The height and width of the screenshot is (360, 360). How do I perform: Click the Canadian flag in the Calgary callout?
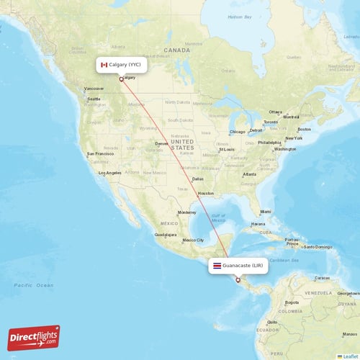tap(104, 65)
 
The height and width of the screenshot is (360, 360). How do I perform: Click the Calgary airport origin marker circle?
tap(121, 80)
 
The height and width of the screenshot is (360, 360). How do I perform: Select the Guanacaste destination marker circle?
tap(238, 280)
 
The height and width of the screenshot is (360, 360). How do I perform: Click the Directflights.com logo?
tap(34, 337)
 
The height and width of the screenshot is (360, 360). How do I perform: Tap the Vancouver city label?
tap(94, 89)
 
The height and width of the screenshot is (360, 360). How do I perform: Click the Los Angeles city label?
tap(110, 173)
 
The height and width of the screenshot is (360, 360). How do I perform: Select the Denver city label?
tap(162, 143)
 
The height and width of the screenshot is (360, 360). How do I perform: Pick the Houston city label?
tap(206, 193)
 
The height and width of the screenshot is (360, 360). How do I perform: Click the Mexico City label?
tap(193, 240)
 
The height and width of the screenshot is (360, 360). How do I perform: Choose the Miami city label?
tap(266, 212)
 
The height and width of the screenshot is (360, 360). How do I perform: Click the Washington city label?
tap(285, 149)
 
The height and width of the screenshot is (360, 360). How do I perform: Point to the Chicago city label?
tap(237, 132)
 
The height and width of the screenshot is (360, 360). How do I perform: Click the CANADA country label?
tap(176, 50)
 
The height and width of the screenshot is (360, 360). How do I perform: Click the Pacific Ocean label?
tap(33, 285)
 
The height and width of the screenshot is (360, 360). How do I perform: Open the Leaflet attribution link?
tap(350, 356)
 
